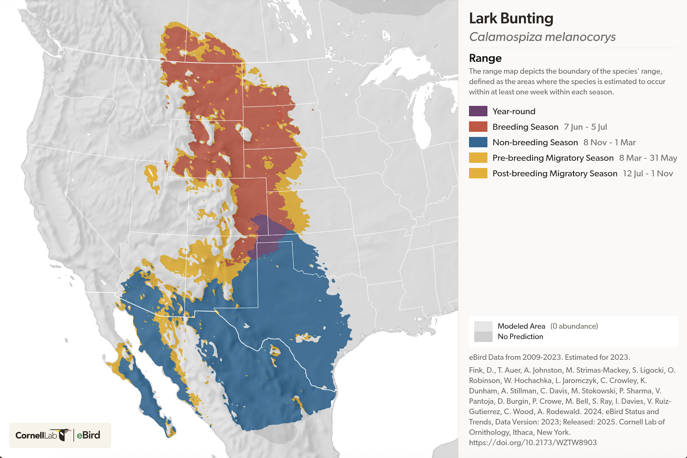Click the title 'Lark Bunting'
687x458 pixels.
511,18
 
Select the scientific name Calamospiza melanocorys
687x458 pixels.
542,37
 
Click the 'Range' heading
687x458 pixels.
485,58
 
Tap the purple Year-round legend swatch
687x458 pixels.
478,111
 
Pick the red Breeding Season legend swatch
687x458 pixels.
478,127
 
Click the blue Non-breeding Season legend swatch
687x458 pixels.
478,142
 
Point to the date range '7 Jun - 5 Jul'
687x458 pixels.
585,127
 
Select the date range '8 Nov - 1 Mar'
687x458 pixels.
609,142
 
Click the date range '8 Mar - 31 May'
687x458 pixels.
648,158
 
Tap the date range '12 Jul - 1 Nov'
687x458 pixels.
648,173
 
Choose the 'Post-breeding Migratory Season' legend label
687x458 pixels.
555,173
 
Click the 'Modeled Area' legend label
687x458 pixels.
521,326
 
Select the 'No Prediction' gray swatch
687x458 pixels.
483,337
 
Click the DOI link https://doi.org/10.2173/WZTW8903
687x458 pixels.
533,443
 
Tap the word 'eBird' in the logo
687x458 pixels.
88,435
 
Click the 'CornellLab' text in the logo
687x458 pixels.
36,435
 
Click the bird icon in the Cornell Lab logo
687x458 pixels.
64,434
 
